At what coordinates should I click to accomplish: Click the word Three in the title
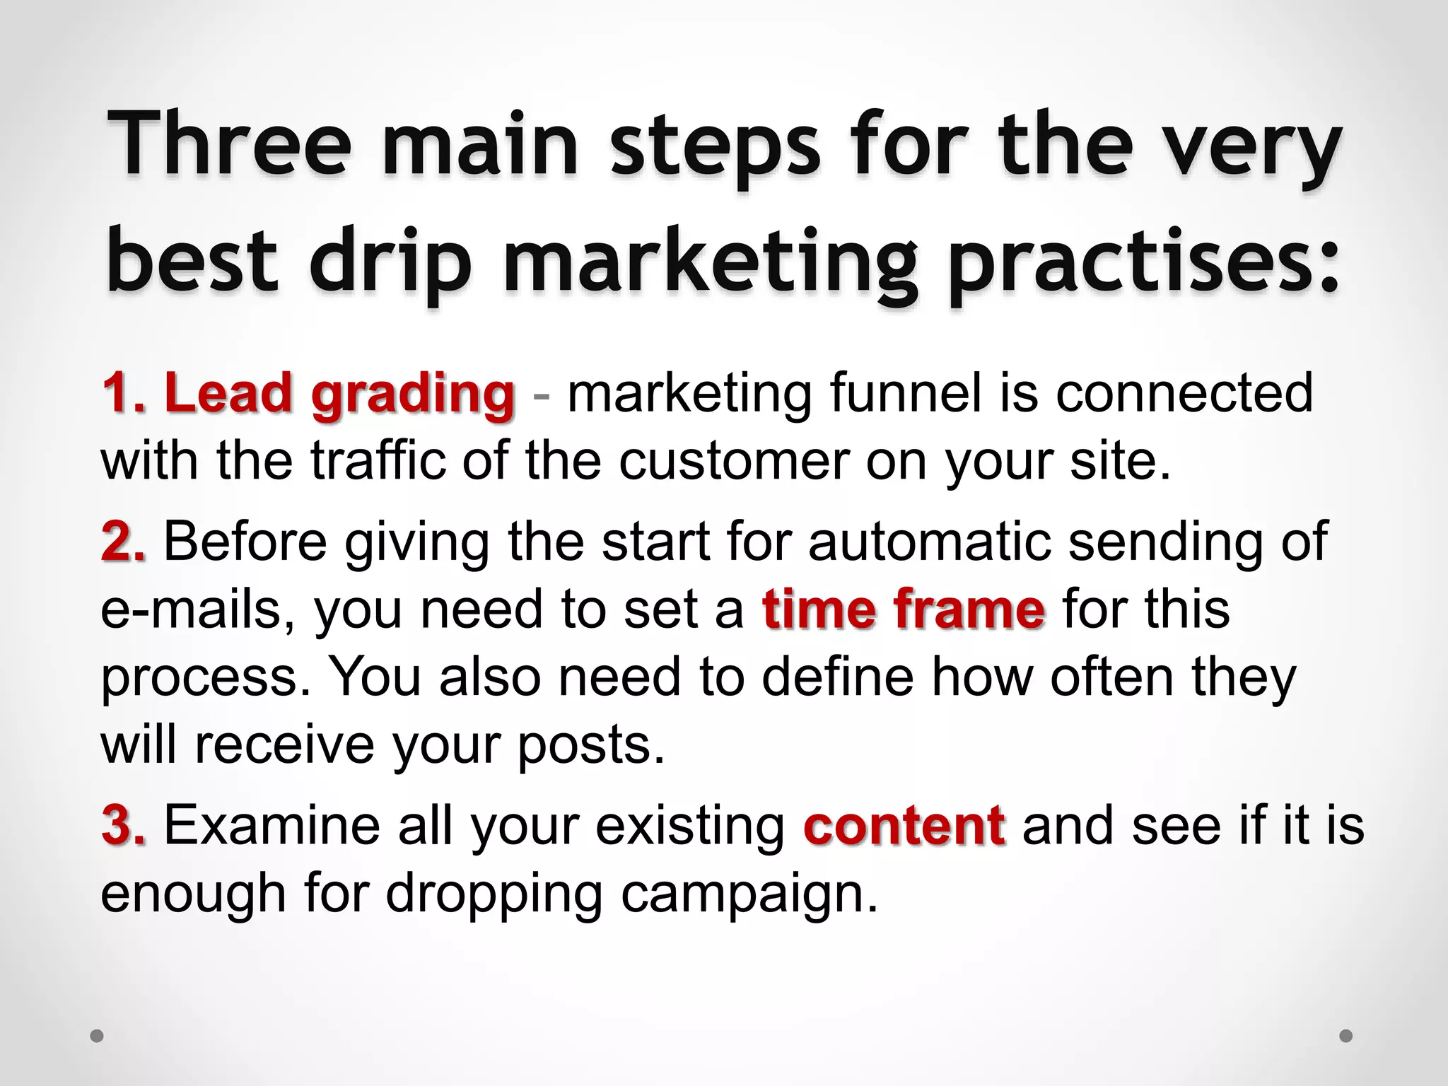point(230,145)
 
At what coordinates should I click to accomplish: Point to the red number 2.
point(124,542)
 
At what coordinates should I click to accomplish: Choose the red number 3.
point(124,825)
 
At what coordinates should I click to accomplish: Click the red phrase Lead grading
point(339,394)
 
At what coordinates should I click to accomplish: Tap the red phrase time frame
point(903,609)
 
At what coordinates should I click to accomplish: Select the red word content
point(904,825)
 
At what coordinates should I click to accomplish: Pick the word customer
point(734,461)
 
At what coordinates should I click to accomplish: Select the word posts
point(591,746)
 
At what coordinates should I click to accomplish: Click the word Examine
point(272,825)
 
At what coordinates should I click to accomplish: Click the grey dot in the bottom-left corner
point(97,1037)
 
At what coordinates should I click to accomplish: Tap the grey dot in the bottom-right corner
point(1346,1037)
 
